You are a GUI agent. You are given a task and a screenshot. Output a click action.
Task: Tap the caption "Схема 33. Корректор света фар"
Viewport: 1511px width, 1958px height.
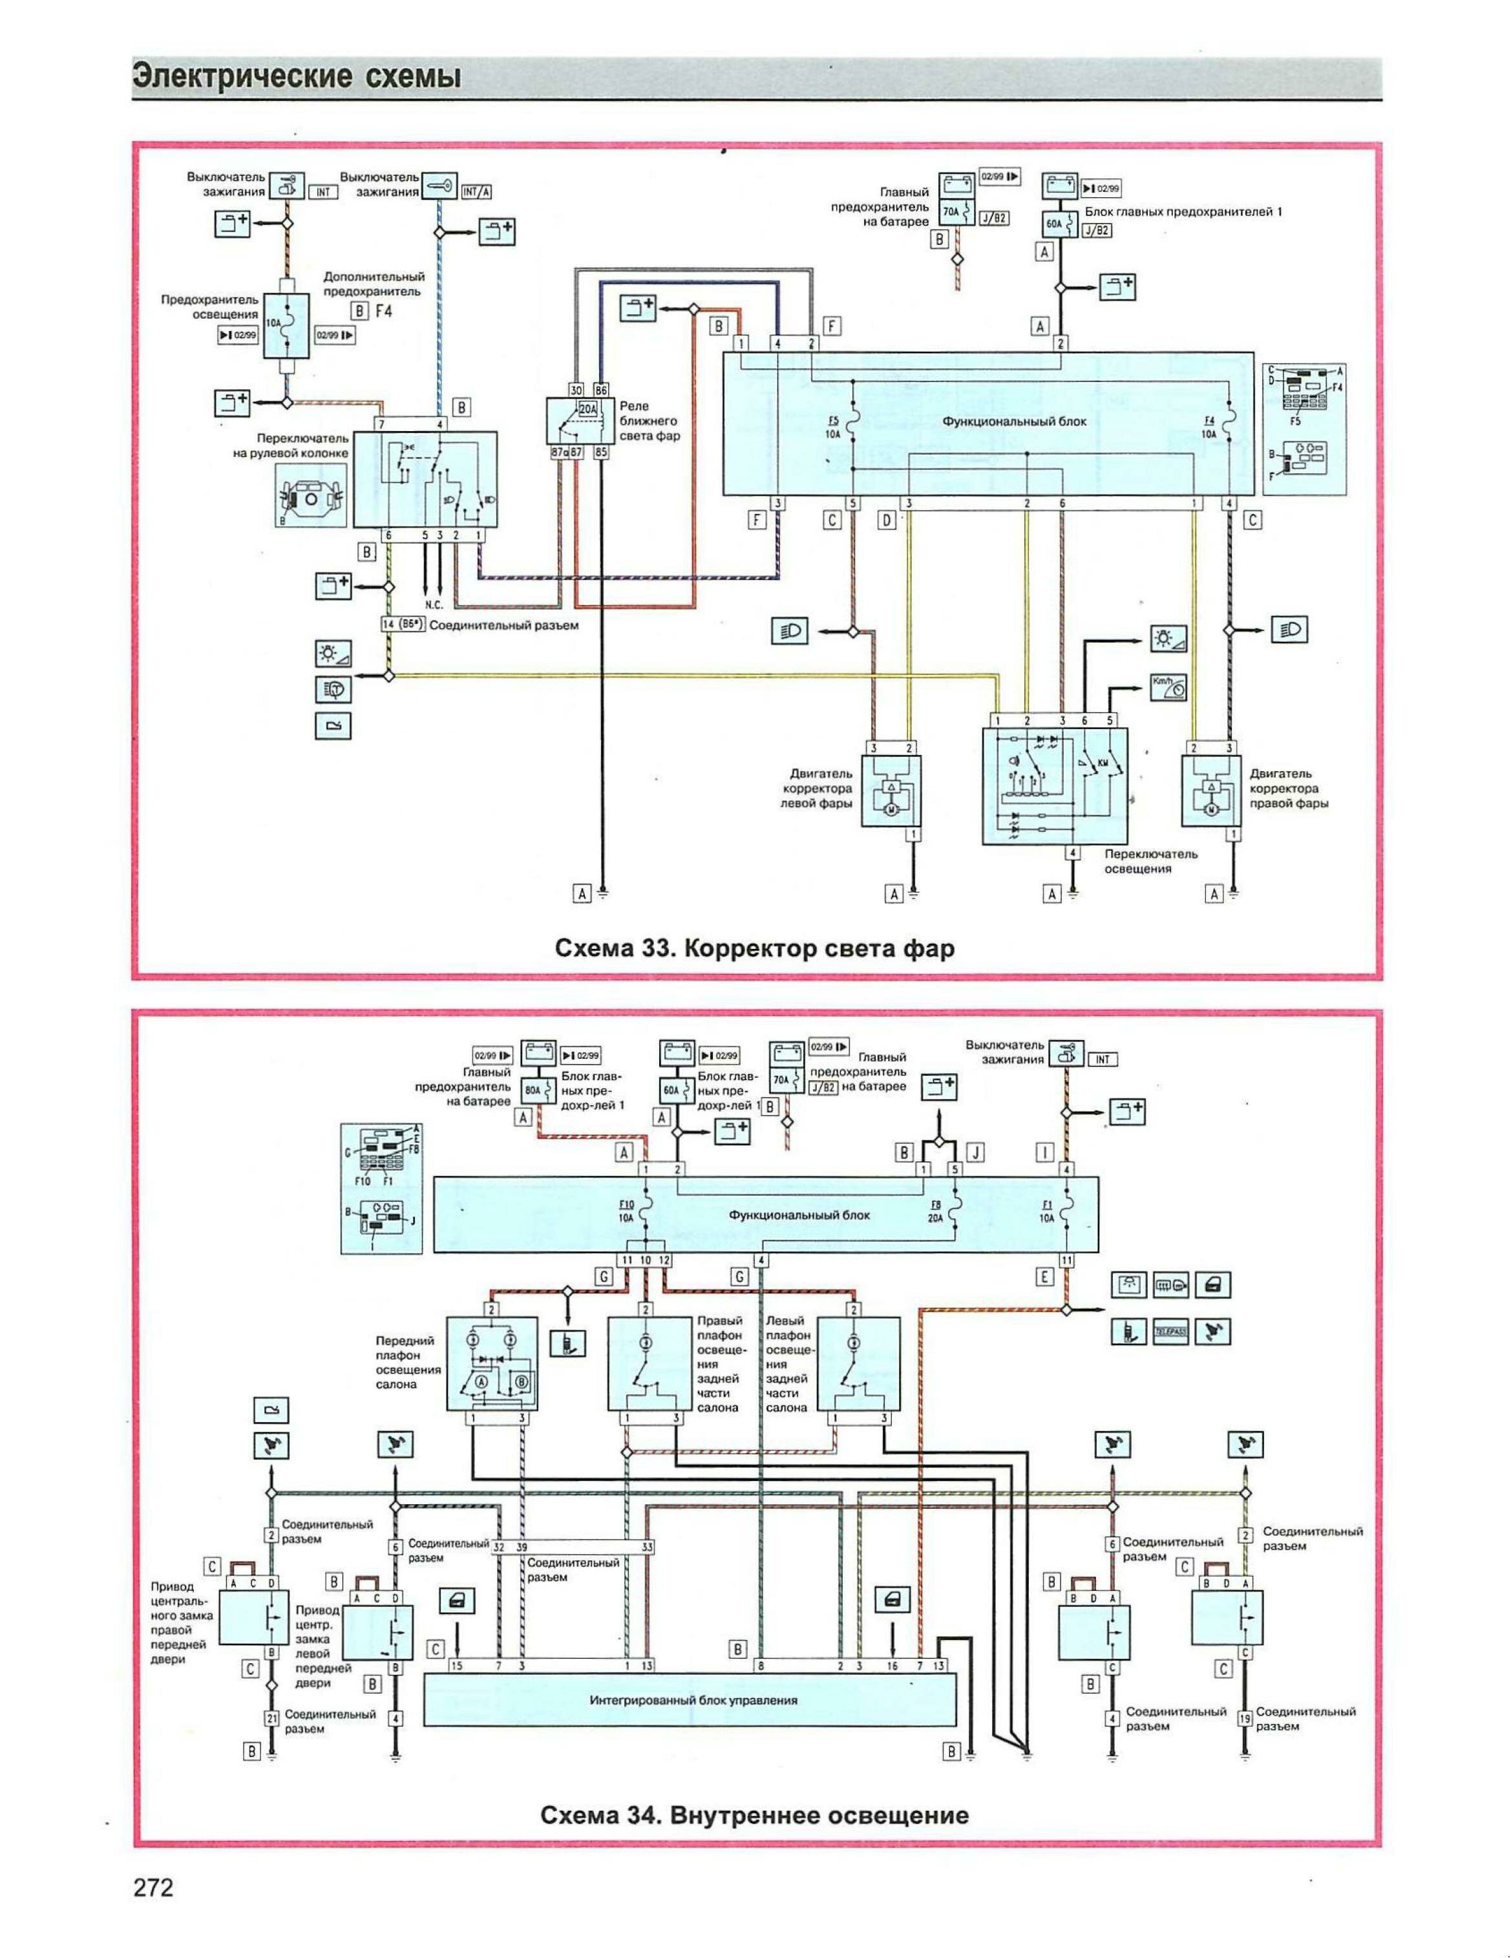click(x=755, y=948)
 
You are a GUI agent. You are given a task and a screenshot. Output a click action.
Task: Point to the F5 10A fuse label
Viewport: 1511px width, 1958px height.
click(x=832, y=426)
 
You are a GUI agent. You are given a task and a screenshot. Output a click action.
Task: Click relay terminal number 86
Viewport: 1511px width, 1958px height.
click(x=600, y=390)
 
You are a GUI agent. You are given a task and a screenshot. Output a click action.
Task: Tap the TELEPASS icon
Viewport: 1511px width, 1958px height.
click(x=1170, y=1332)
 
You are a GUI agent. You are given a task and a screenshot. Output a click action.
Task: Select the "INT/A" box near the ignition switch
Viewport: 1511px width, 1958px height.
click(x=476, y=192)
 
